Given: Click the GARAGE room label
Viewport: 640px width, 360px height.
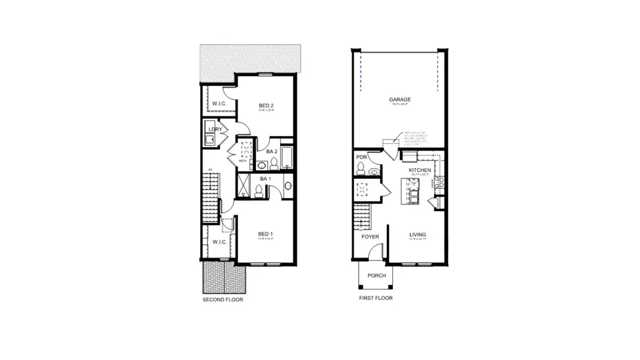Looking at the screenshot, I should tap(399, 100).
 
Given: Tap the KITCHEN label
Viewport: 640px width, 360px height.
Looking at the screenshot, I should tap(420, 170).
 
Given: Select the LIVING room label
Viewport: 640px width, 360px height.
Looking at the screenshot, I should tap(417, 235).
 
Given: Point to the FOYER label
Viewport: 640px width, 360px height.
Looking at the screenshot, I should tap(370, 236).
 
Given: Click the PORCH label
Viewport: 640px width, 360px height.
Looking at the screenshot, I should tap(377, 275).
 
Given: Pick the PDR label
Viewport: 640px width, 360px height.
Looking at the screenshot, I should tap(361, 157).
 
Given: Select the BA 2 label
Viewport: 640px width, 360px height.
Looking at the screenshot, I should tap(272, 152).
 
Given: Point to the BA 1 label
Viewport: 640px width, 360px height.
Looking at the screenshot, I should tap(265, 179).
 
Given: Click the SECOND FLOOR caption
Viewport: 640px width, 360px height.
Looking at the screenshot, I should tap(223, 299).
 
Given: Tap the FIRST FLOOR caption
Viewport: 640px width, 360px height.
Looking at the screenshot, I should tap(376, 298).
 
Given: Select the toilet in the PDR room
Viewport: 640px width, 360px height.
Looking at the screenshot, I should tap(361, 172).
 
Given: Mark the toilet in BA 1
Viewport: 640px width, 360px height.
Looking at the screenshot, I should tap(259, 191).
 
